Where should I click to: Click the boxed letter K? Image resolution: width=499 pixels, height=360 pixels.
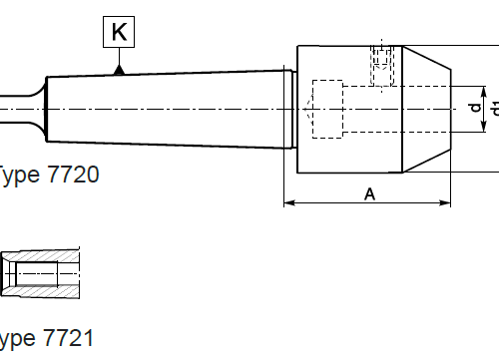click(x=119, y=33)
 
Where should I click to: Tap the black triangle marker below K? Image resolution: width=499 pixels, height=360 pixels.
click(x=119, y=69)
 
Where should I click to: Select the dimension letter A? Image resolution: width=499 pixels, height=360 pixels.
click(x=369, y=194)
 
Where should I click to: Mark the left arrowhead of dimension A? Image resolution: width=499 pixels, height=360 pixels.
click(x=288, y=203)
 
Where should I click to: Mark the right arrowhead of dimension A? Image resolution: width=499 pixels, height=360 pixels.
click(x=445, y=203)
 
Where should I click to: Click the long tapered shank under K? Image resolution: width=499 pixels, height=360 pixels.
click(x=170, y=108)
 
